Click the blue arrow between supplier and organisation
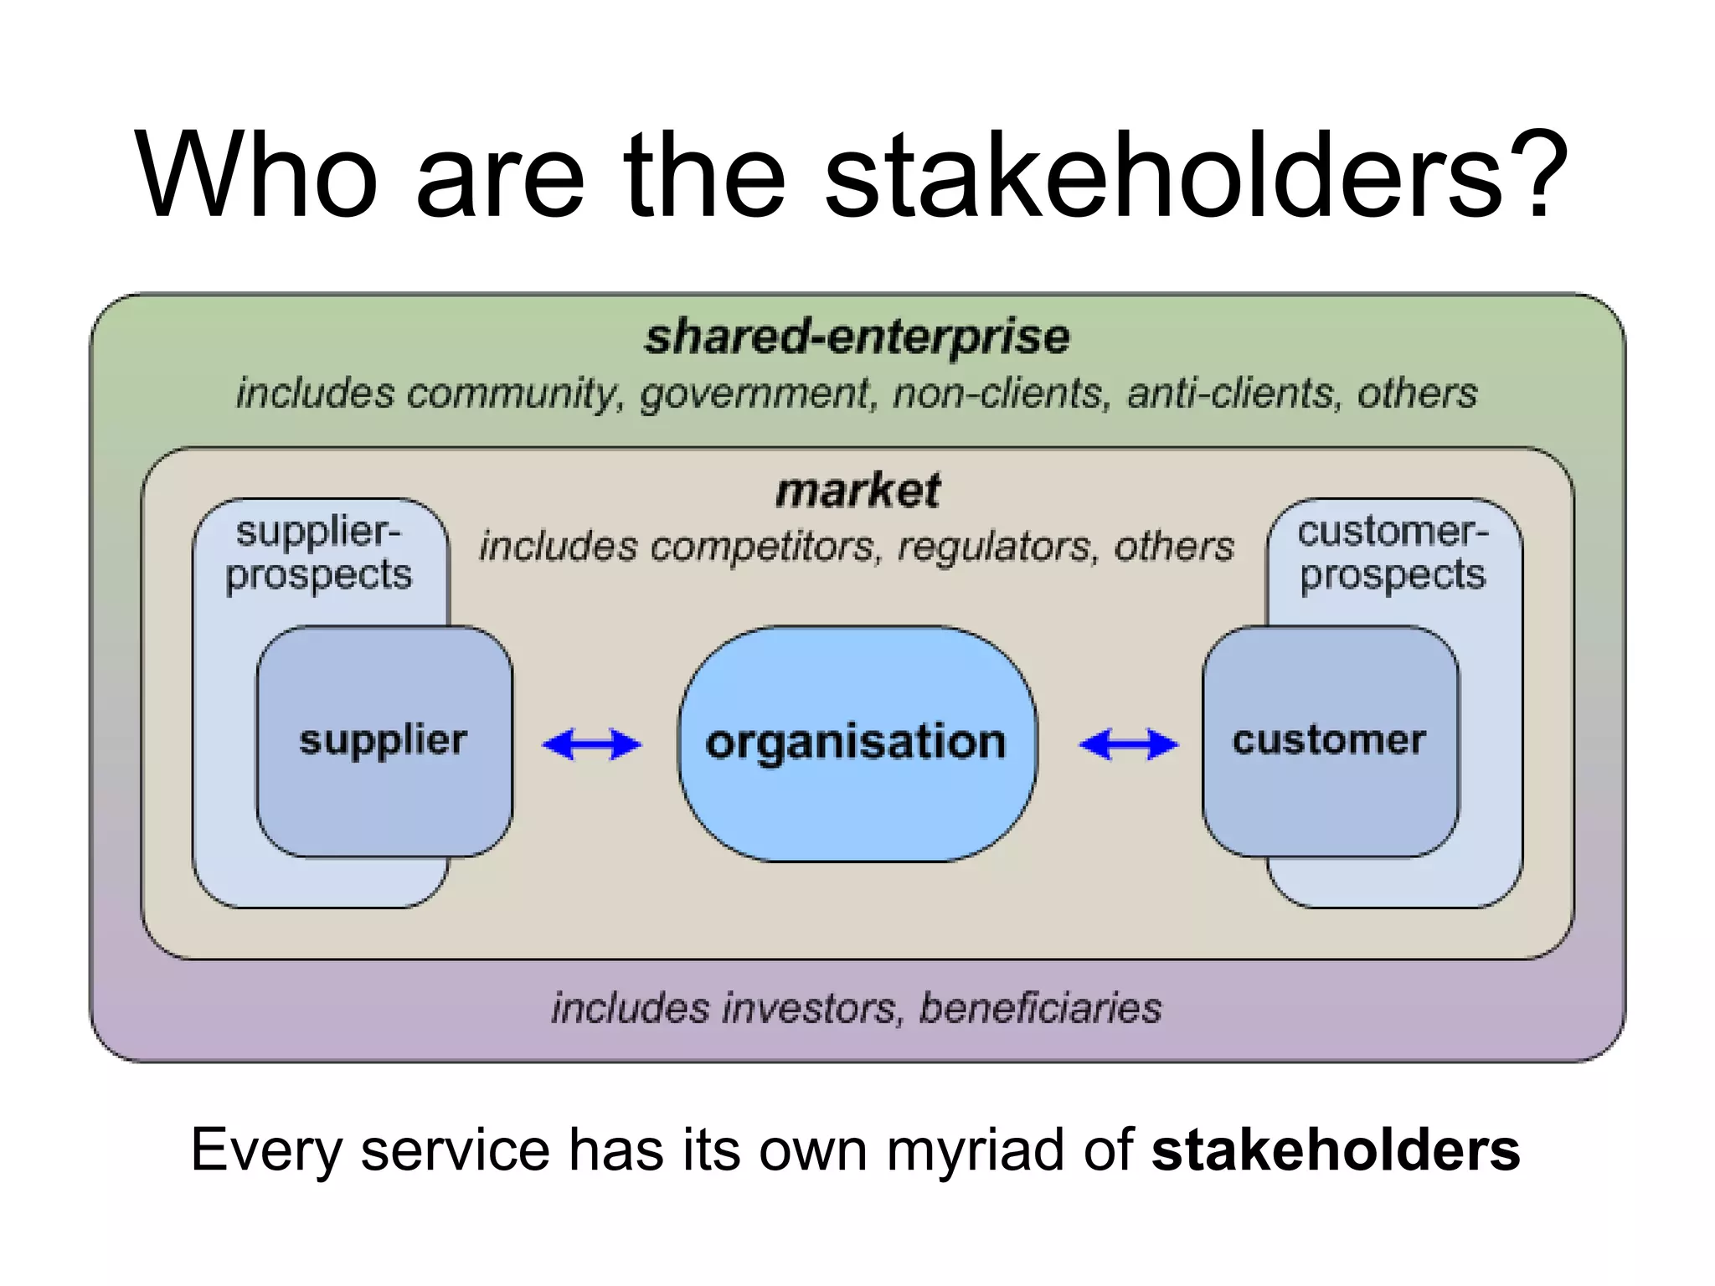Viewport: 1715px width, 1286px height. pos(592,743)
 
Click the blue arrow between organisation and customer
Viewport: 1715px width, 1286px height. pos(1128,743)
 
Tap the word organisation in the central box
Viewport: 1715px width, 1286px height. pos(856,743)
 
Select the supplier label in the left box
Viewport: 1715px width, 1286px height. pos(383,740)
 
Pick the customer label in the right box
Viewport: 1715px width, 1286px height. pos(1329,740)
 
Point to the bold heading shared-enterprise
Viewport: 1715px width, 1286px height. pos(857,337)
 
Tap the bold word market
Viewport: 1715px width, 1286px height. pos(857,491)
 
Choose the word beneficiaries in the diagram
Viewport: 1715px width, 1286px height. pos(1041,1008)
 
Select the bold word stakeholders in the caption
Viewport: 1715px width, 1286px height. pos(1336,1150)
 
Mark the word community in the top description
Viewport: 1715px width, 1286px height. pos(514,394)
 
